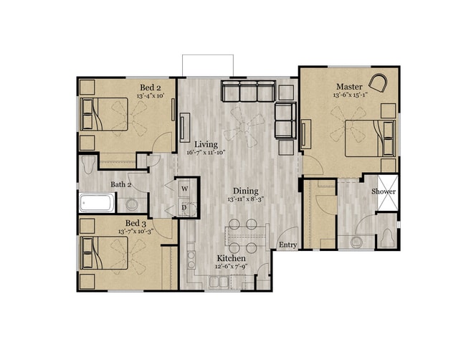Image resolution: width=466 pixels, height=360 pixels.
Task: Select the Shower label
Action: coord(384,191)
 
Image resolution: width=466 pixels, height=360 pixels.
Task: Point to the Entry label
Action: coord(287,245)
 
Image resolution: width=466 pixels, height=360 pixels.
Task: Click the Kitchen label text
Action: coord(232,258)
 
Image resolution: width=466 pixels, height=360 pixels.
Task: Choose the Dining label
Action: coord(244,191)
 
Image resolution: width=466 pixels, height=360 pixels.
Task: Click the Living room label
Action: coord(206,144)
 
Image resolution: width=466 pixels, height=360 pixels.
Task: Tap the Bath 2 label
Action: coord(120,184)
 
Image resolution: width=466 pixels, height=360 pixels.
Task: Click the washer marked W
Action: coord(184,189)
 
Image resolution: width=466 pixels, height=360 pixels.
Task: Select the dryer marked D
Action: coord(184,208)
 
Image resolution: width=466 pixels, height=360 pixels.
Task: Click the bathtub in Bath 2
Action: coord(96,203)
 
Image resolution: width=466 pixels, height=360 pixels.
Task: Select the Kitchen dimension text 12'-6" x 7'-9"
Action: coord(232,267)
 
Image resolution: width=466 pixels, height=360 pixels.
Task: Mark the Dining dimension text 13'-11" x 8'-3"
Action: coord(244,200)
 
